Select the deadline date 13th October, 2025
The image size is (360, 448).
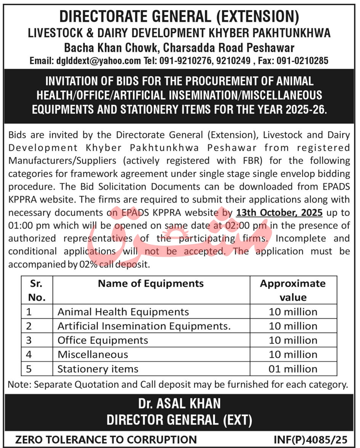(279, 212)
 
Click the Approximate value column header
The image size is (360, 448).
(293, 290)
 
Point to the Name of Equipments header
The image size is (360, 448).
(151, 283)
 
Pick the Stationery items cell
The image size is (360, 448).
(98, 369)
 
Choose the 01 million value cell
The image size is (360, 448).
(293, 369)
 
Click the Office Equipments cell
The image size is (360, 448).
(103, 340)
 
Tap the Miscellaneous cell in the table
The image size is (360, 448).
(93, 355)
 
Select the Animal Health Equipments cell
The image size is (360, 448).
(123, 312)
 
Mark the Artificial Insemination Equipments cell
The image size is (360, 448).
(145, 326)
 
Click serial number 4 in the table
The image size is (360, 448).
(29, 355)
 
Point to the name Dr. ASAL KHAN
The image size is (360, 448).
(180, 403)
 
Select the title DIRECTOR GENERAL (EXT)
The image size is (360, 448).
(180, 420)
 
